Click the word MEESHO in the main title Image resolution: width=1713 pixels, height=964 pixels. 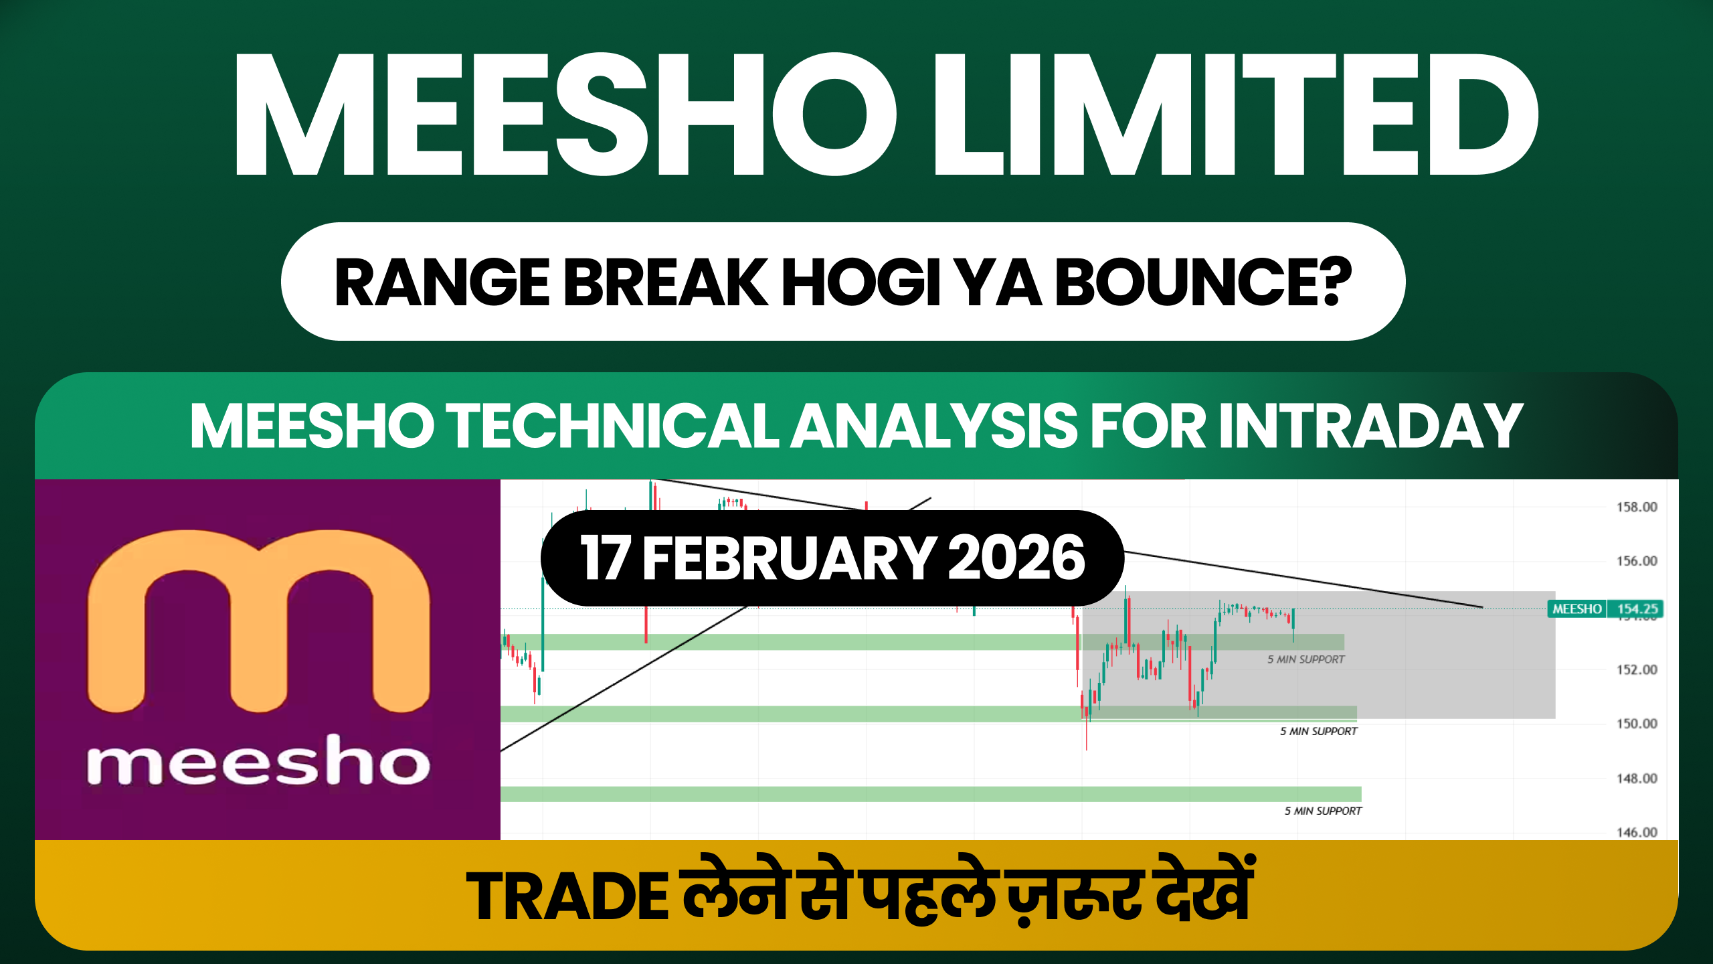(565, 115)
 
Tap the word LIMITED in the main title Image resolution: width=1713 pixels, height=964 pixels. (1235, 115)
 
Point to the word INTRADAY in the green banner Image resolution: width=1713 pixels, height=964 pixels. (1371, 426)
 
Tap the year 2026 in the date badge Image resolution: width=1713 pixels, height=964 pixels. (1016, 558)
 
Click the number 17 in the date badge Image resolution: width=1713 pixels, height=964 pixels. (604, 558)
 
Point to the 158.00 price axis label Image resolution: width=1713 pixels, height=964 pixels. (1637, 507)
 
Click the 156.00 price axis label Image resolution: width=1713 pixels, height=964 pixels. (1637, 561)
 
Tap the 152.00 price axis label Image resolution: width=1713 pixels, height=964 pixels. (1637, 669)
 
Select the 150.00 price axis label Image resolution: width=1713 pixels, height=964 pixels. (1637, 724)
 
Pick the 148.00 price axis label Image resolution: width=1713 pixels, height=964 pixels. (1637, 778)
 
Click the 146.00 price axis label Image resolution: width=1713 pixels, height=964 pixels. (1637, 832)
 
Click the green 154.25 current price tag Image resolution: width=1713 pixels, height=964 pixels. (1637, 609)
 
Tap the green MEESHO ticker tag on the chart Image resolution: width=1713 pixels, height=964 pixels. (1576, 609)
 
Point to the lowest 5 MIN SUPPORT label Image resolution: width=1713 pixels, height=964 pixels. (1322, 811)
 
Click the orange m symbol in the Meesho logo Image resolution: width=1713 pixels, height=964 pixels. (258, 619)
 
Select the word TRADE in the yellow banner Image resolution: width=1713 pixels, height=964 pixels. (567, 897)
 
